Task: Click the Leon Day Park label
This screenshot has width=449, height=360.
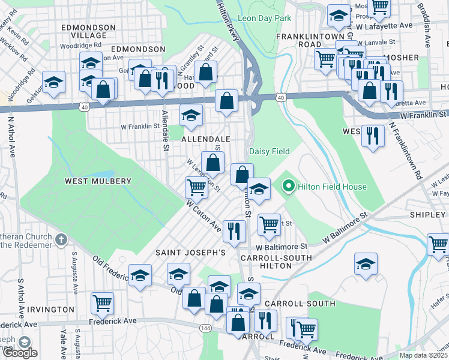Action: (264, 19)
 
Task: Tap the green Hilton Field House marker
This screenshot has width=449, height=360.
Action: (288, 187)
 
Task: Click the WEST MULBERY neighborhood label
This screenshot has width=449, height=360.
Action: (98, 181)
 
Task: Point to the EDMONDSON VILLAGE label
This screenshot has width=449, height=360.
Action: (89, 31)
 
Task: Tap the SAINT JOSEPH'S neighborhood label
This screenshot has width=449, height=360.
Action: (190, 253)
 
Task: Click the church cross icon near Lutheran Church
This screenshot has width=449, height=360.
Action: (61, 240)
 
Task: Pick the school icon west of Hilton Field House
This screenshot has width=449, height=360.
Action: (259, 188)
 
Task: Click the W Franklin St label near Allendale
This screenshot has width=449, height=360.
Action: (140, 127)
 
